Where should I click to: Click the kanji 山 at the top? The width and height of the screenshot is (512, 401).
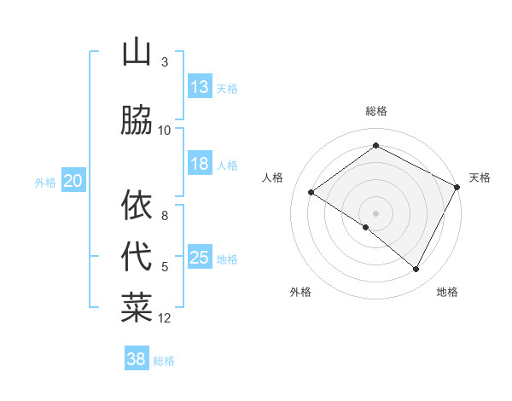(x=137, y=53)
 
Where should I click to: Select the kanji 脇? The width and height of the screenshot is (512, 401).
(x=137, y=120)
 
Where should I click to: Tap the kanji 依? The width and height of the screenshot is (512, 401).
(x=137, y=205)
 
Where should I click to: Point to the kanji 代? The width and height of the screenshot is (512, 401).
(x=137, y=256)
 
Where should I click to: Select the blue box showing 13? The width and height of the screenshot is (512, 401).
(x=200, y=87)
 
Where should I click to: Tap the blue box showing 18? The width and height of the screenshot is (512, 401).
(x=200, y=164)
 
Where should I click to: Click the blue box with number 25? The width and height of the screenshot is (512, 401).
(x=200, y=258)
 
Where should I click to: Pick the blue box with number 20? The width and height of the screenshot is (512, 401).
(x=73, y=180)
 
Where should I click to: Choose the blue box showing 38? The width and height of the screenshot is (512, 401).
(x=137, y=359)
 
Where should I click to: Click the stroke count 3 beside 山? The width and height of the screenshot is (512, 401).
(x=165, y=62)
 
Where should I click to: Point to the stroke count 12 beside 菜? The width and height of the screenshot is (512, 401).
(x=165, y=318)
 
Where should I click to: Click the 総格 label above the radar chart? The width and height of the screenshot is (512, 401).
(x=375, y=111)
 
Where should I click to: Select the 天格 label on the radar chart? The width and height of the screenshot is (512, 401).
(x=480, y=177)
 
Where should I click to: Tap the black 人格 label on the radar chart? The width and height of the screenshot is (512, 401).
(x=273, y=177)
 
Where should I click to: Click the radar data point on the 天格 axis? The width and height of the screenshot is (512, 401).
(x=457, y=186)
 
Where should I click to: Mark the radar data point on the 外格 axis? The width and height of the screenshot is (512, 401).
(x=366, y=227)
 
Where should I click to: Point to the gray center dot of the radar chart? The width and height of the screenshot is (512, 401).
(x=375, y=212)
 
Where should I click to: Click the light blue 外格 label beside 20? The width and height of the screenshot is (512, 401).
(x=44, y=182)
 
